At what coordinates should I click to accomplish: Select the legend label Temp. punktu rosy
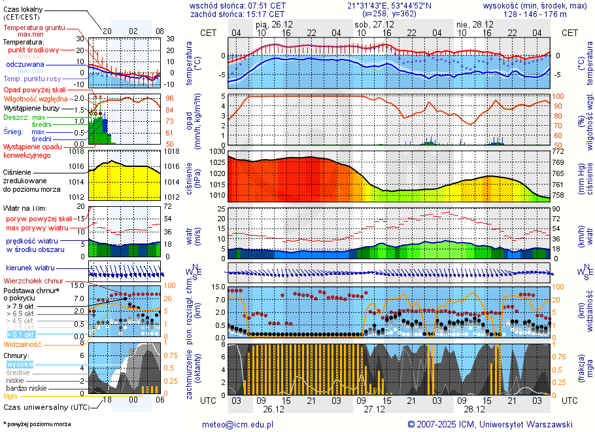point(33,79)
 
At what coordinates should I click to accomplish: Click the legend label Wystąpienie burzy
point(30,107)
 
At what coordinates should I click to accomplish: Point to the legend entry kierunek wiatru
point(29,268)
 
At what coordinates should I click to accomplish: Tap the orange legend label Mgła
point(10,396)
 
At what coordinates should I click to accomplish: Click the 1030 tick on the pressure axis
point(217,152)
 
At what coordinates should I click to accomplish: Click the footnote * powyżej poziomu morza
point(36,424)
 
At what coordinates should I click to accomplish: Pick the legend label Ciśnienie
point(22,172)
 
